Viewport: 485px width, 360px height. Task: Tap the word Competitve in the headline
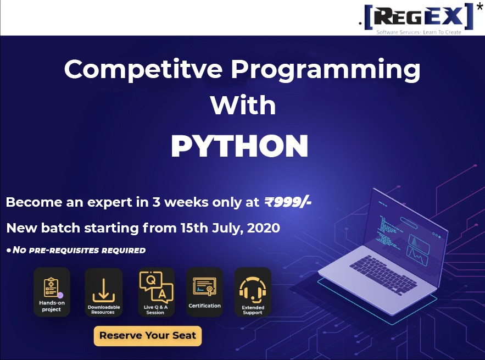pyautogui.click(x=143, y=70)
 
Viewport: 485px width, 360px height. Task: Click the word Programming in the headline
pyautogui.click(x=326, y=70)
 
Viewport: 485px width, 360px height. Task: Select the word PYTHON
pyautogui.click(x=239, y=146)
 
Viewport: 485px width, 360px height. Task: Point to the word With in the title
pyautogui.click(x=243, y=105)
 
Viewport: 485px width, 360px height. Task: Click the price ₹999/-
pyautogui.click(x=288, y=202)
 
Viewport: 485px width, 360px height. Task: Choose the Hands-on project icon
pyautogui.click(x=52, y=292)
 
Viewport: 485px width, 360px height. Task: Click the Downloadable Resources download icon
pyautogui.click(x=104, y=290)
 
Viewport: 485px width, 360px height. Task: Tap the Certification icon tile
pyautogui.click(x=204, y=292)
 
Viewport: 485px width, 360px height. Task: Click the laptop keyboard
pyautogui.click(x=383, y=274)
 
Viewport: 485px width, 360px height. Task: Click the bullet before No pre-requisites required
pyautogui.click(x=9, y=250)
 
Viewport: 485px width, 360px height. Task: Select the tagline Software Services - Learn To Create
pyautogui.click(x=419, y=32)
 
